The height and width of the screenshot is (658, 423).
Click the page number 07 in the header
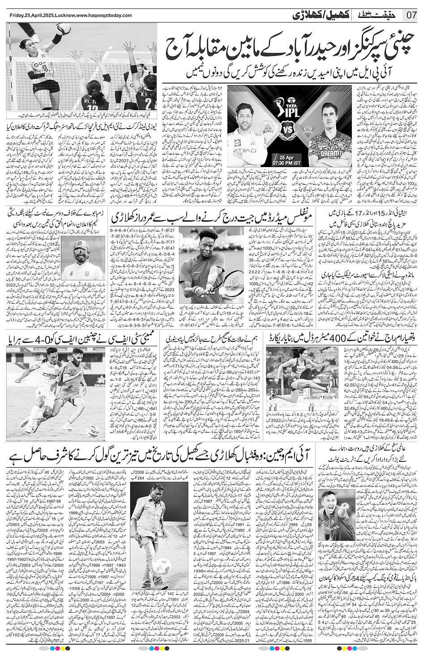tap(412, 14)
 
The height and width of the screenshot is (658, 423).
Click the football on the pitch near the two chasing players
tap(93, 428)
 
